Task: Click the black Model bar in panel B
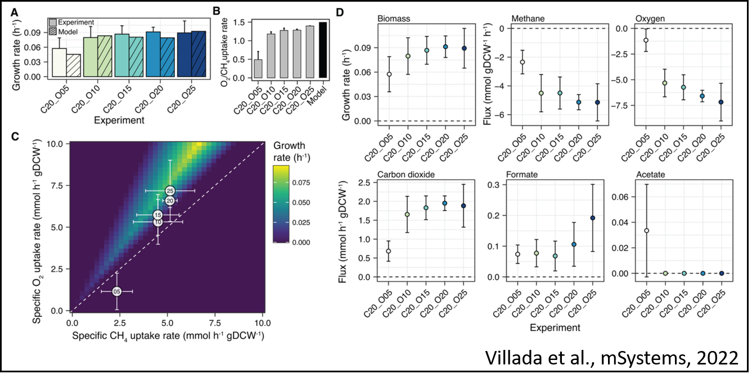point(323,50)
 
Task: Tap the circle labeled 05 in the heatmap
point(117,291)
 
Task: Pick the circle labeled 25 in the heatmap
point(170,191)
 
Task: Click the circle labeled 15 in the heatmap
point(158,215)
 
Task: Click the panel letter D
point(341,12)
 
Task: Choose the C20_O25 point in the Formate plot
point(593,218)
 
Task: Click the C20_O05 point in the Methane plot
point(523,62)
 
